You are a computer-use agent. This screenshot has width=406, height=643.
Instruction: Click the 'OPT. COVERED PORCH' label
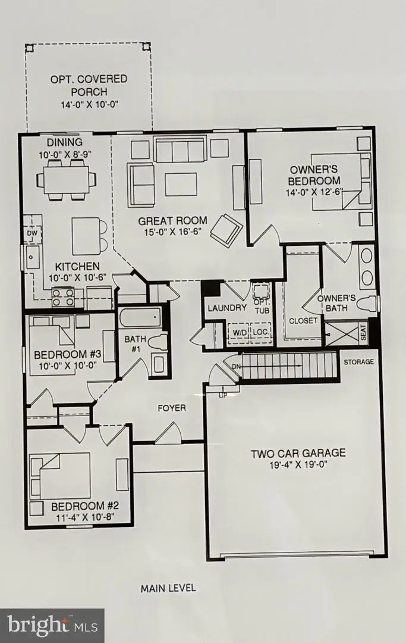89,85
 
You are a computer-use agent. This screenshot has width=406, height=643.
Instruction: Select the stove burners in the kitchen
63,296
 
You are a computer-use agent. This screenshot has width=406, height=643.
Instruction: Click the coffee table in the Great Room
181,184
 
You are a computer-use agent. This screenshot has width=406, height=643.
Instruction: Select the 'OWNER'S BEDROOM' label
314,175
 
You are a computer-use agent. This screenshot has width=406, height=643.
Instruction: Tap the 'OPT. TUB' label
261,307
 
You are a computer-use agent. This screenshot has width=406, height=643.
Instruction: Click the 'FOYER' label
171,408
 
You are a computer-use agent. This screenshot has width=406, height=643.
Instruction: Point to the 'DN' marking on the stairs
236,367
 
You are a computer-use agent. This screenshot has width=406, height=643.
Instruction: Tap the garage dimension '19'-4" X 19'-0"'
298,465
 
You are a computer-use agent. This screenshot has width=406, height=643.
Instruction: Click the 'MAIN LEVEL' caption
168,588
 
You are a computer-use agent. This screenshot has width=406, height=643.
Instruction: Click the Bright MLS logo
52,625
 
